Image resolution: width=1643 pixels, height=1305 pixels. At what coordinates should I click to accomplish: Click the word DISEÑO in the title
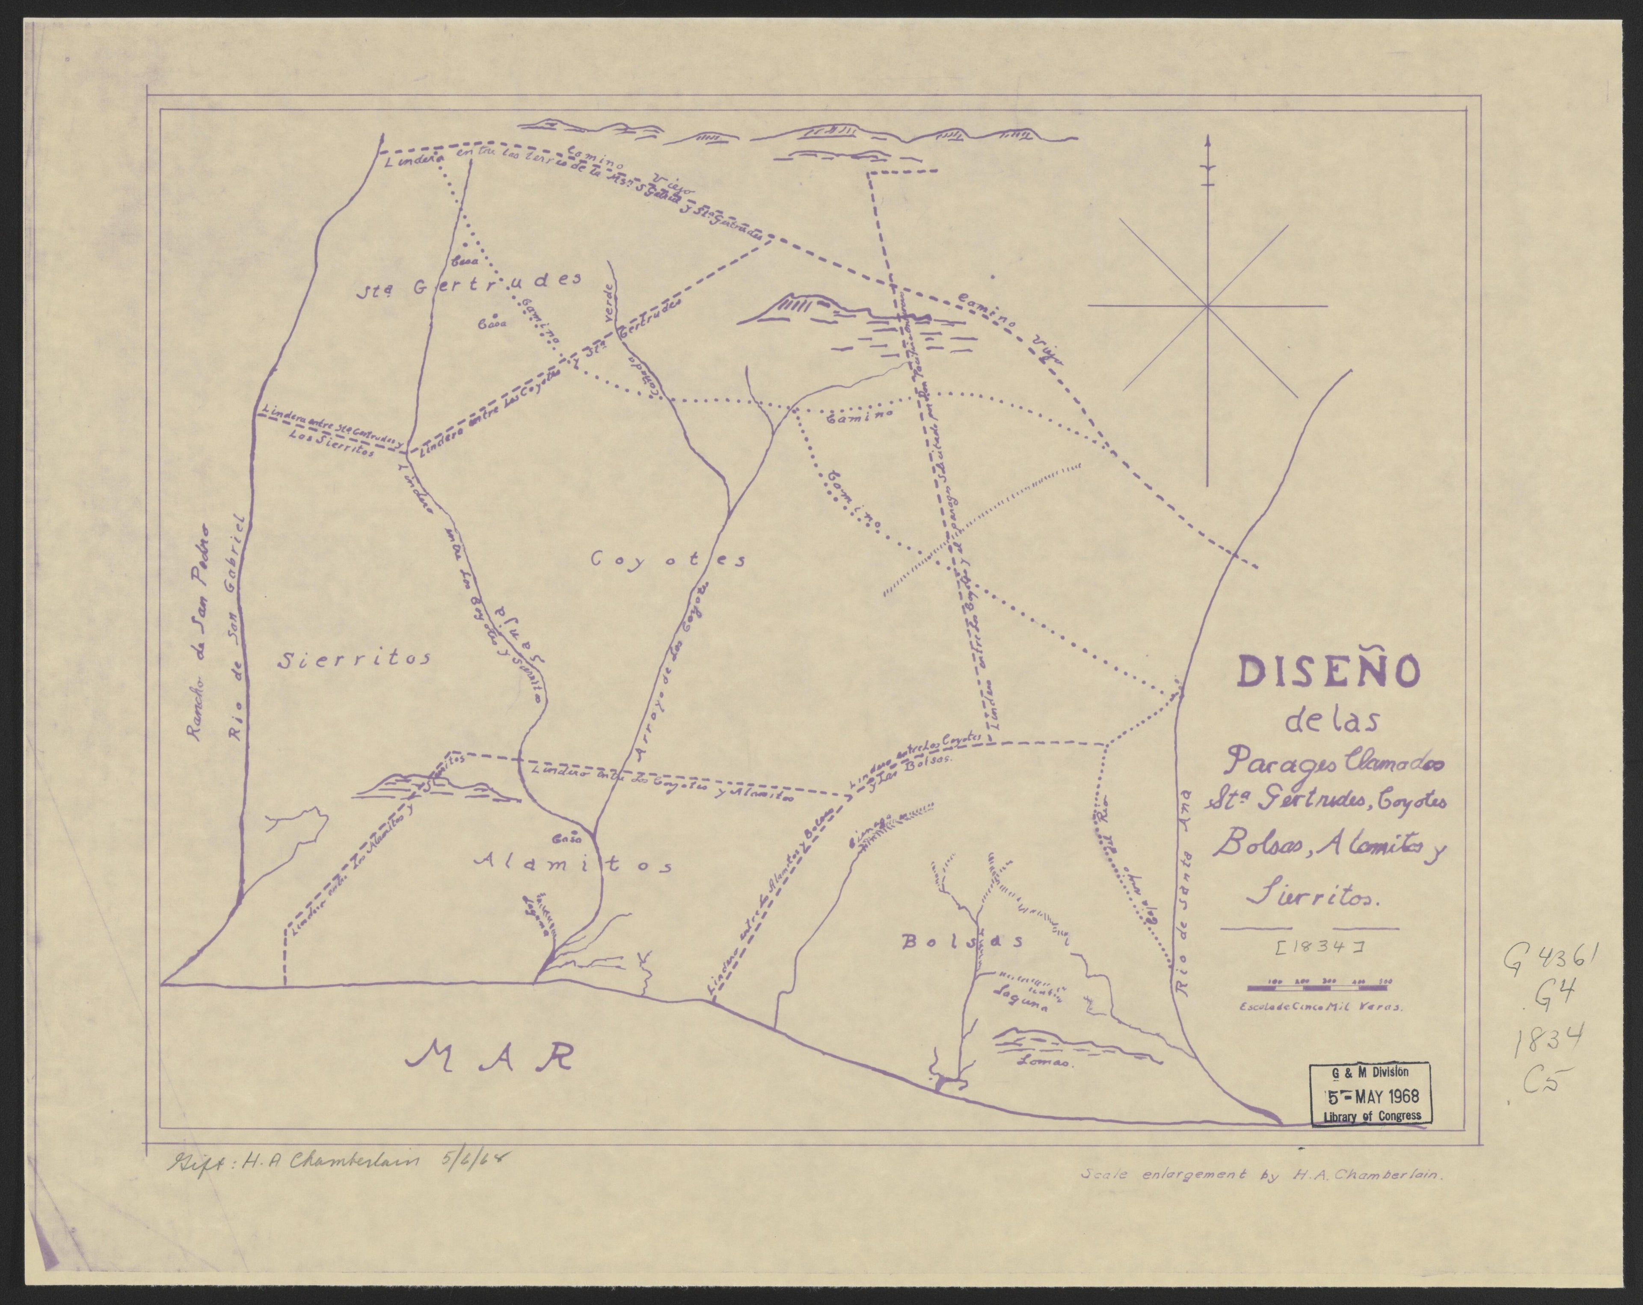[1328, 672]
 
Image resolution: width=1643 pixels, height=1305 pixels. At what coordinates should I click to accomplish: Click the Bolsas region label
[962, 942]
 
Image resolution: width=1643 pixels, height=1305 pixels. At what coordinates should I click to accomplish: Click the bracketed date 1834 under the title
[1310, 948]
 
